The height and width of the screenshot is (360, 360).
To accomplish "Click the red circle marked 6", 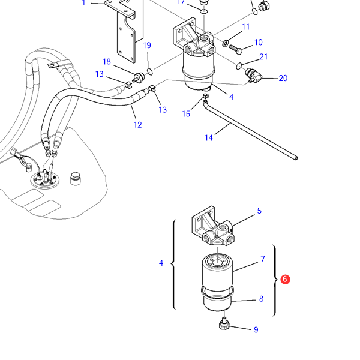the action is [x=285, y=279].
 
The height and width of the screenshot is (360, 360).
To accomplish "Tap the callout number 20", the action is [x=283, y=78].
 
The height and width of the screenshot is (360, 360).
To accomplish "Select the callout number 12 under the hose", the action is [x=137, y=125].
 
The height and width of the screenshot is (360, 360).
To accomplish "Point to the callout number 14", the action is [x=209, y=138].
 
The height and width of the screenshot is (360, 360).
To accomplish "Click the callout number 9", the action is [x=256, y=329].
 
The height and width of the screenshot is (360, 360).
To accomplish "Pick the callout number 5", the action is [x=259, y=211].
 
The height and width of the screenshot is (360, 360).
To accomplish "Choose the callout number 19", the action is [x=147, y=45].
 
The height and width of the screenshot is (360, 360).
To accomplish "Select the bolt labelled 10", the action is [x=236, y=49].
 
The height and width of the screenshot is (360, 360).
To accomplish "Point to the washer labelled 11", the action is [x=226, y=43].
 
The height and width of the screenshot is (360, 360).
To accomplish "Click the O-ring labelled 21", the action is [x=239, y=66].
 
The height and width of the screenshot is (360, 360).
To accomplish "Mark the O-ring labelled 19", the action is [x=149, y=71].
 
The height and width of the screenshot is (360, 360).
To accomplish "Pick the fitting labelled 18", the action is [x=139, y=77].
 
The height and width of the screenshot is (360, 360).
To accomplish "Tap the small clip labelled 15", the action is [x=206, y=96].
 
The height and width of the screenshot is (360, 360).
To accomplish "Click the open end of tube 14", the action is [x=296, y=158].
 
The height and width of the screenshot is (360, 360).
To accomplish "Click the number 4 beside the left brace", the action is [x=161, y=263].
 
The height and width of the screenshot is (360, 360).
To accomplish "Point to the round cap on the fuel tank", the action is [x=76, y=178].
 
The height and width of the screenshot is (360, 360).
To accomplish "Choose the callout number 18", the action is [x=107, y=62].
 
